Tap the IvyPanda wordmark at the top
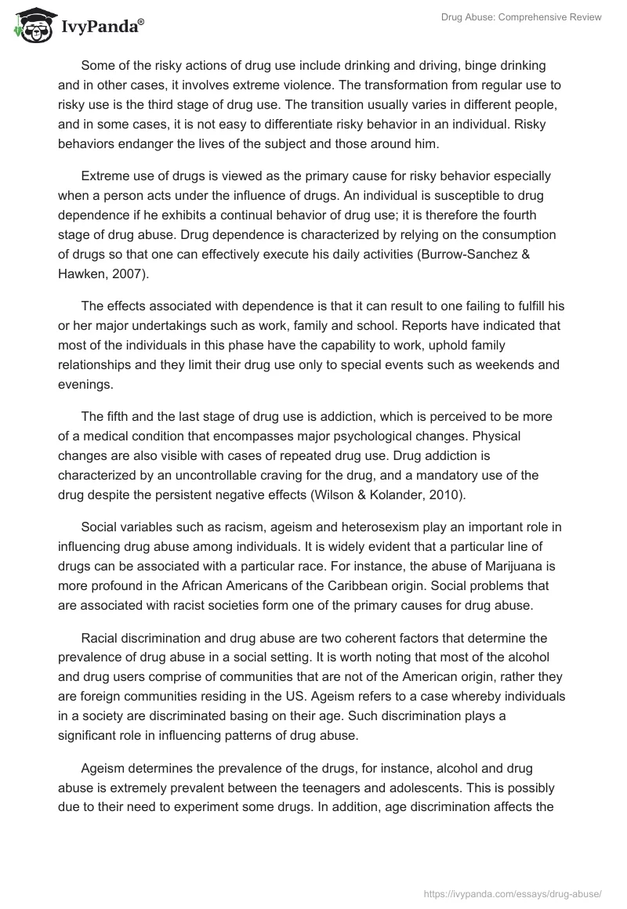tap(100, 27)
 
